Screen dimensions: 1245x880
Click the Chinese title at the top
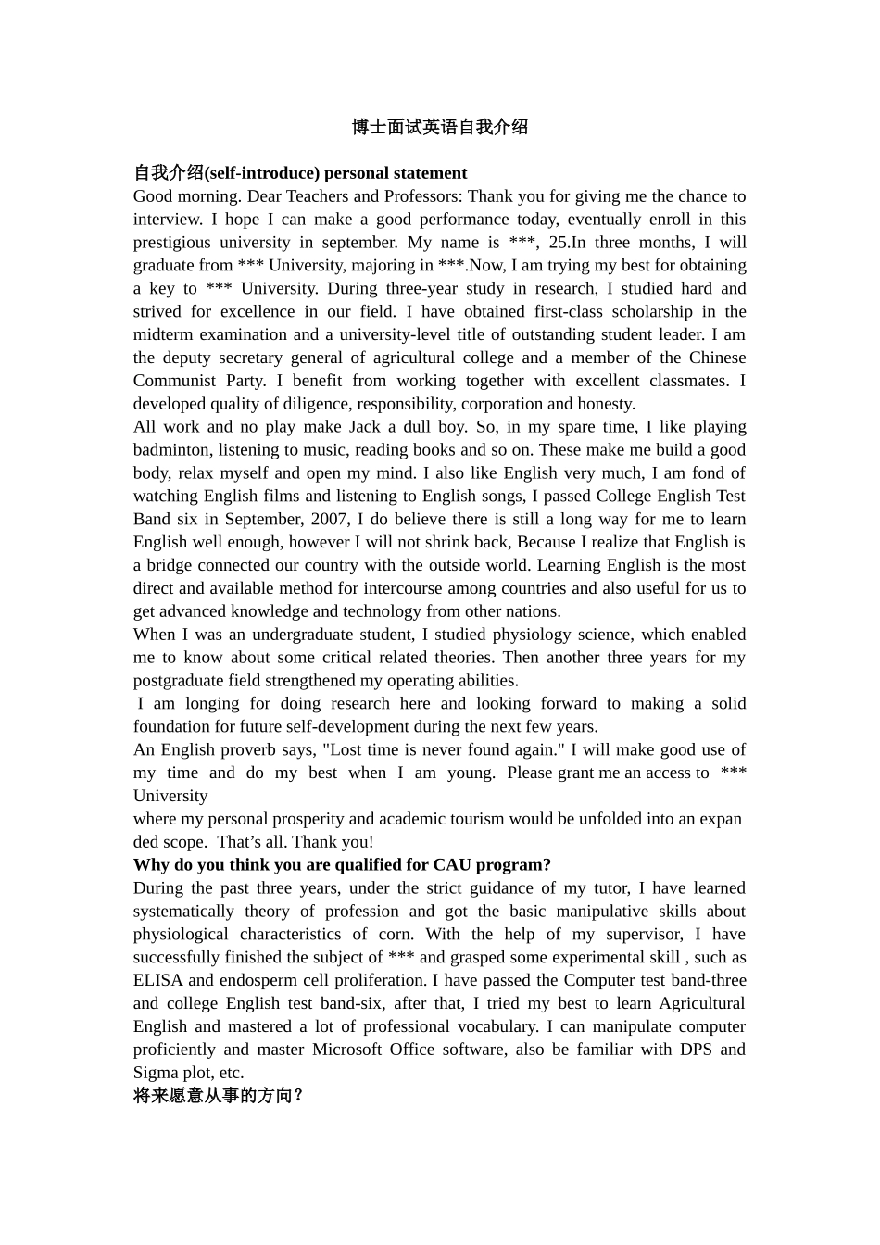tap(440, 128)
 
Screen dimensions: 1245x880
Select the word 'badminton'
tap(171, 450)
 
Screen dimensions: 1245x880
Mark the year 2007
tap(331, 520)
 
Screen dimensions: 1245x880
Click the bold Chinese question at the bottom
tap(219, 1096)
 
